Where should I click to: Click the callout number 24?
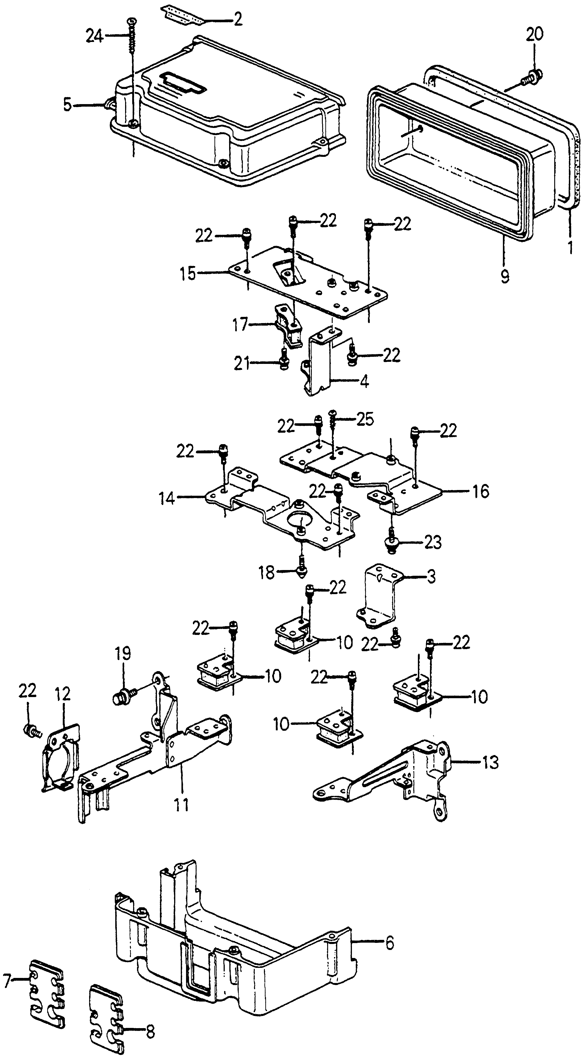94,37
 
